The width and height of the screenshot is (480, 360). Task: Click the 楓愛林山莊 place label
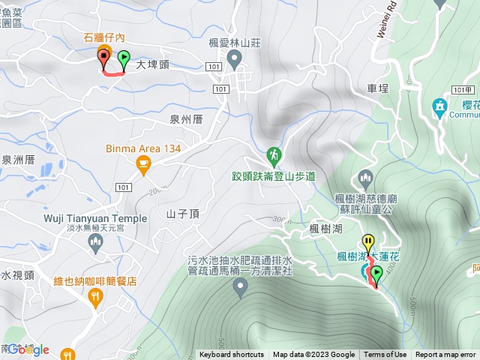(x=233, y=43)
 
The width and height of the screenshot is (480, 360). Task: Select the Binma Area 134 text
(x=144, y=148)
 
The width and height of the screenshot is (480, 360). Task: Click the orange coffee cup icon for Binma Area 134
(x=144, y=163)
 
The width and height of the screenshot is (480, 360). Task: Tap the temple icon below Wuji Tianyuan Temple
(x=95, y=241)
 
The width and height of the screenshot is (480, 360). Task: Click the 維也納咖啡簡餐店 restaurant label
(x=95, y=281)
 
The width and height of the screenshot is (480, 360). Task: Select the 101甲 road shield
(x=463, y=90)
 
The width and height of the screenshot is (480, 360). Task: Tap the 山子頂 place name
(x=183, y=214)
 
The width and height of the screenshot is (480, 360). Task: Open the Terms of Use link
(x=385, y=355)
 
